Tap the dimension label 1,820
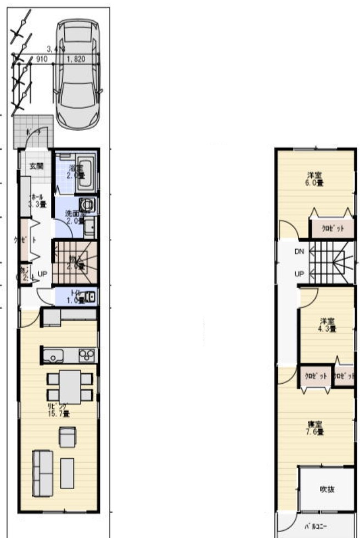[76, 59]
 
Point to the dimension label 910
[42, 59]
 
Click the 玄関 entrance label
[36, 166]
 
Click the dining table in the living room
[70, 387]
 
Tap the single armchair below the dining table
[67, 437]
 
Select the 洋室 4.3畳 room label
[328, 324]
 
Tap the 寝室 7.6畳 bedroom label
[314, 428]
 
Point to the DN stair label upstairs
[299, 252]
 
